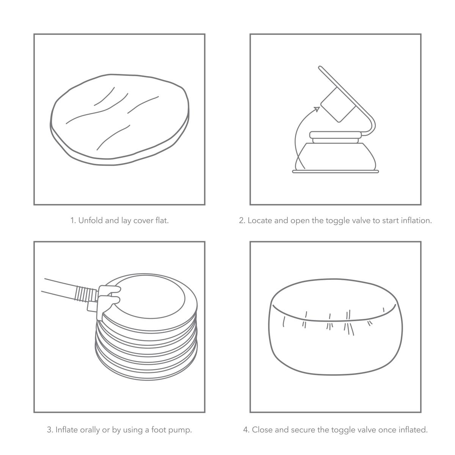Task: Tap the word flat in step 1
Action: (162, 220)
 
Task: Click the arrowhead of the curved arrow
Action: (317, 109)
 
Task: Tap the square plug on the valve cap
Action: (338, 105)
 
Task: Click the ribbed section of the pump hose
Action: (85, 294)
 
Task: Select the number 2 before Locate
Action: (242, 220)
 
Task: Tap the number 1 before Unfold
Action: (73, 220)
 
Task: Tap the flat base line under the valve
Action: (335, 172)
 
